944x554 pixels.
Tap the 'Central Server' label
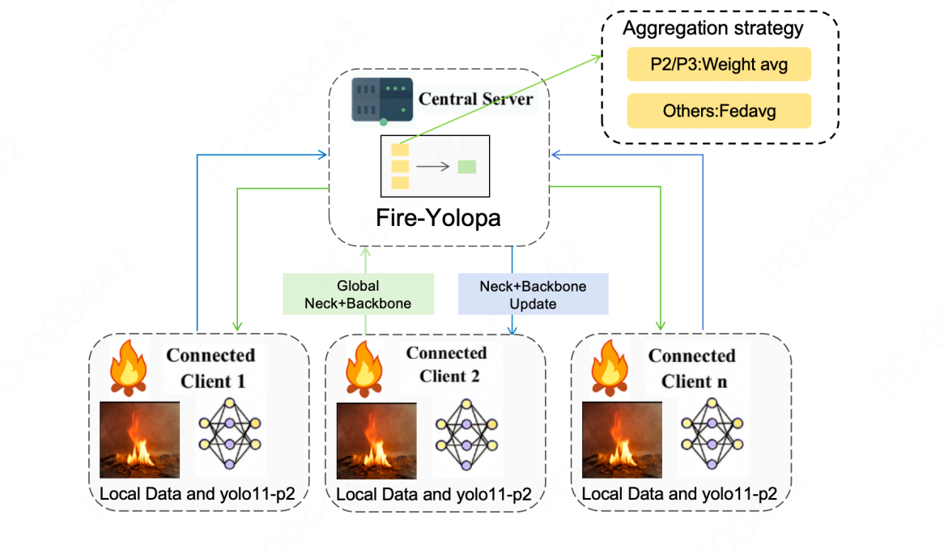(476, 99)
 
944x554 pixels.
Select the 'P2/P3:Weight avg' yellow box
(719, 65)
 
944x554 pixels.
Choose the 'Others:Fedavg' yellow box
(719, 111)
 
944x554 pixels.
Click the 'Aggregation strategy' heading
(712, 28)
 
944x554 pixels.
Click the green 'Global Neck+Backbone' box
(358, 295)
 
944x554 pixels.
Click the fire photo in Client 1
(139, 439)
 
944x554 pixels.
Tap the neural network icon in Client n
(713, 434)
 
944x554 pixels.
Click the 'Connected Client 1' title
(210, 368)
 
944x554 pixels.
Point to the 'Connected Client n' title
(691, 369)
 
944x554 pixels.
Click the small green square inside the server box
(467, 168)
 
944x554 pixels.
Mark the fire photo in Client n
(622, 440)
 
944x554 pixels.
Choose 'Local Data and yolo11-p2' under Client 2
(434, 494)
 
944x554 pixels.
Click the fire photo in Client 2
(376, 440)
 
